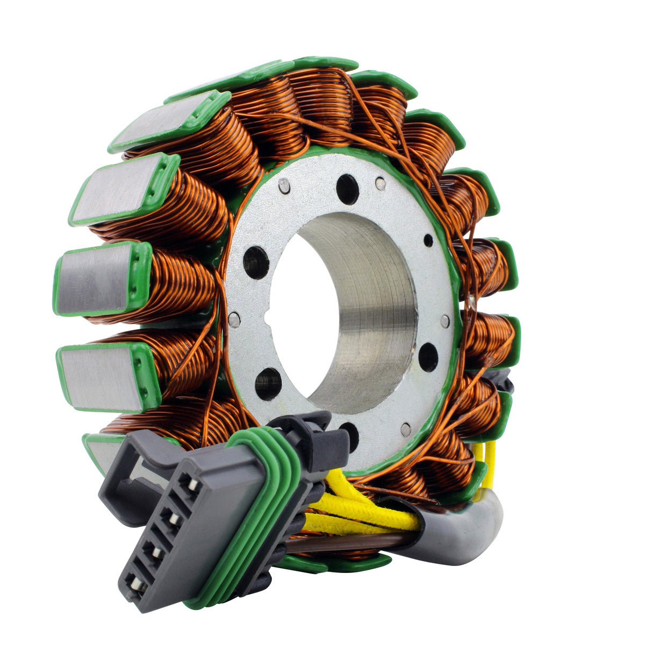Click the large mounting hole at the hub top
coord(347,190)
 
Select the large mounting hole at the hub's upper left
coord(256,262)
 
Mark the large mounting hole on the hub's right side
coord(428,356)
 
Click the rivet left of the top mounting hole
coord(284,186)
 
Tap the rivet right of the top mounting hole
coord(381,183)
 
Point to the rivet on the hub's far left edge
coord(234,320)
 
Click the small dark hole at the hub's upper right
coord(428,240)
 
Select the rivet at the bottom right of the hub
coord(406,429)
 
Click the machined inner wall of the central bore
coord(371,301)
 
